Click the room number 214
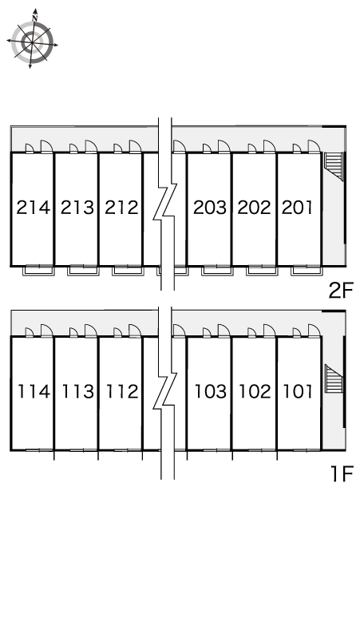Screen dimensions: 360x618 pyautogui.click(x=34, y=208)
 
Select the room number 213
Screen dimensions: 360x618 pyautogui.click(x=77, y=208)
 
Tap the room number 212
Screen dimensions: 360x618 pyautogui.click(x=121, y=208)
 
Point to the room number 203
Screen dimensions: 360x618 pyautogui.click(x=210, y=208)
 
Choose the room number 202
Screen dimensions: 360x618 pyautogui.click(x=255, y=208)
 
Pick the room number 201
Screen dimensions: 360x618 pyautogui.click(x=298, y=208)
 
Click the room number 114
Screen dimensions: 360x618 pyautogui.click(x=34, y=391)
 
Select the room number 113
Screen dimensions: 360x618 pyautogui.click(x=78, y=391)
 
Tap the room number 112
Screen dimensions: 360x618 pyautogui.click(x=122, y=391)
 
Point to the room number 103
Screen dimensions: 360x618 pyautogui.click(x=211, y=391)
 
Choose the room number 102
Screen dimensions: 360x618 pyautogui.click(x=255, y=391)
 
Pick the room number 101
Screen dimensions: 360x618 pyautogui.click(x=299, y=391)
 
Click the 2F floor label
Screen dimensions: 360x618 pyautogui.click(x=341, y=291)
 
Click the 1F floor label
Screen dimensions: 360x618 pyautogui.click(x=342, y=473)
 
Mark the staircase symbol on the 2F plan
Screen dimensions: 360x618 pyautogui.click(x=333, y=166)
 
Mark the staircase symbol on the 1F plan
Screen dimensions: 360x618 pyautogui.click(x=334, y=378)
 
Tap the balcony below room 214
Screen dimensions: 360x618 pyautogui.click(x=38, y=271)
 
